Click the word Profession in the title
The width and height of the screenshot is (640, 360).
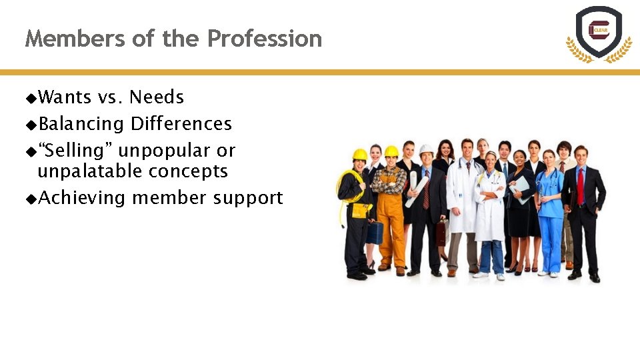tap(264, 39)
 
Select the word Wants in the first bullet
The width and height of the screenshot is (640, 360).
tap(65, 97)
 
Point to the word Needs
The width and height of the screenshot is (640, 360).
tap(157, 97)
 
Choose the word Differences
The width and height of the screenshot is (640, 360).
tap(181, 124)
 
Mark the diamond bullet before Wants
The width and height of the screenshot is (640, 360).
tap(31, 98)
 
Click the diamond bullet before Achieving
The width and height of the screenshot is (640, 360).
tap(31, 199)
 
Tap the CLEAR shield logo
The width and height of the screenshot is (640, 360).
tap(599, 32)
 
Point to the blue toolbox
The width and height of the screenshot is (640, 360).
tap(375, 232)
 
